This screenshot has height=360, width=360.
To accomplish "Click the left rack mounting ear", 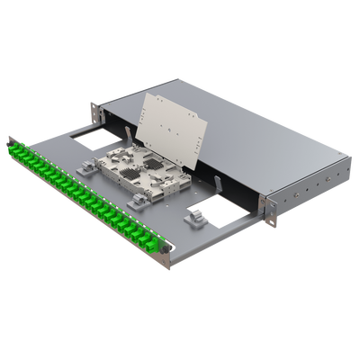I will coord(94,112).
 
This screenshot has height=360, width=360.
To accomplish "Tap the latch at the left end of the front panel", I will coord(10,139).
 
